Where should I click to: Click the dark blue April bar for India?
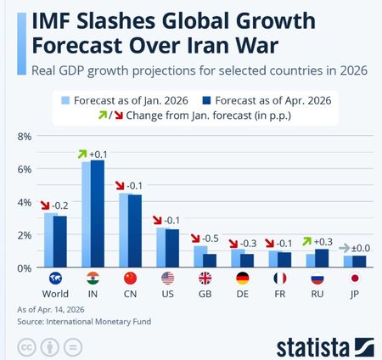point(98,214)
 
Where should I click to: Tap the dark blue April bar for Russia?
point(322,258)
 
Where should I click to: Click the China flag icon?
point(130,278)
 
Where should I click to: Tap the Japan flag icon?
point(355,278)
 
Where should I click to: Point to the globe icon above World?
point(55,278)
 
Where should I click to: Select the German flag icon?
point(243,278)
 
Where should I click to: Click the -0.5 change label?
point(211,239)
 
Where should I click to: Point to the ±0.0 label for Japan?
point(361,249)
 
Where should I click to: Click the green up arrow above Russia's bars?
point(306,241)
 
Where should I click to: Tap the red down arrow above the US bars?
point(157,220)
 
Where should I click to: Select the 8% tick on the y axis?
point(25,137)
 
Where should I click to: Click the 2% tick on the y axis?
point(25,235)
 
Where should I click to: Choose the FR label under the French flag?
point(280,294)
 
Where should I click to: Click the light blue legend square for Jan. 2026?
point(65,100)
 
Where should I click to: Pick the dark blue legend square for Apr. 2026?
point(207,100)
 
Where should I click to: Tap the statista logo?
point(325,346)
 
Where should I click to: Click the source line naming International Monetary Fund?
point(84,322)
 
